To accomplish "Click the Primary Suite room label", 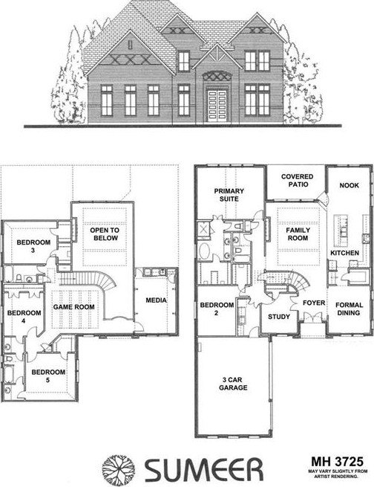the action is point(229,195).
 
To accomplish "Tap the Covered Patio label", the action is point(298,181).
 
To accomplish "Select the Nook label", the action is point(350,185).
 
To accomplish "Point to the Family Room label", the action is point(298,234).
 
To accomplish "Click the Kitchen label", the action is point(344,253).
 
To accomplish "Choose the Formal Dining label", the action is point(350,309).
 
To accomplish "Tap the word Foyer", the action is point(314,303).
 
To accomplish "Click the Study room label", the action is point(279,317).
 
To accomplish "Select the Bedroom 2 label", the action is point(217,309).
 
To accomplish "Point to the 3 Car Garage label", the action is point(233,384).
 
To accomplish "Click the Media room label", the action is point(156,300).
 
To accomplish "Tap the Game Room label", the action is point(73,307).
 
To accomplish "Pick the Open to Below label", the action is point(105,234).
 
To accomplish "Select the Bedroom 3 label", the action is point(33,246).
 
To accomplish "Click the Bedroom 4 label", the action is point(24,317).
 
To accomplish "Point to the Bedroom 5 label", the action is point(48,375).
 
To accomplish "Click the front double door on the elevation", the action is point(217,106).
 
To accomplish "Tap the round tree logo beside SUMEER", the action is point(119,468).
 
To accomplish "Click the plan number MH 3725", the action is point(337,461).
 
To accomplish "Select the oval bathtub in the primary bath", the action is point(204,251).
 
